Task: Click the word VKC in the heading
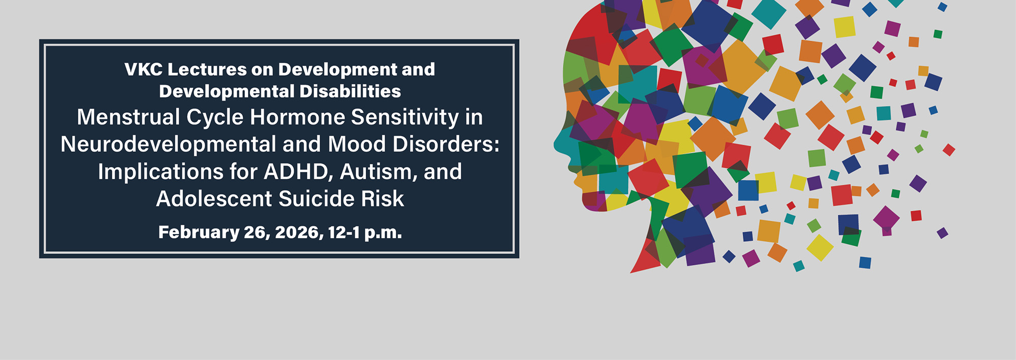point(143,70)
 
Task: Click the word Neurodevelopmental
point(168,145)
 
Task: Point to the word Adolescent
point(214,199)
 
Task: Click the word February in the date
point(199,233)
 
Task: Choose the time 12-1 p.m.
point(365,233)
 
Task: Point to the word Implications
point(161,172)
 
